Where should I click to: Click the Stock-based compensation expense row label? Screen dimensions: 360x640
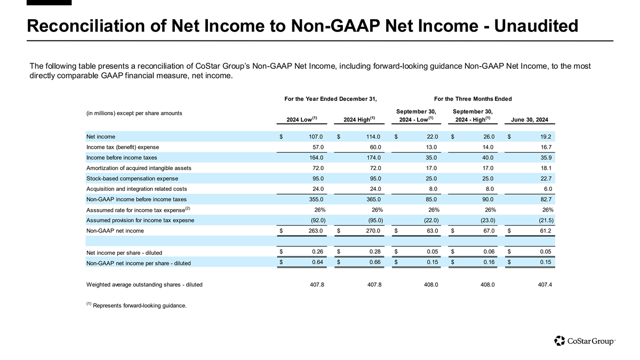[132, 178]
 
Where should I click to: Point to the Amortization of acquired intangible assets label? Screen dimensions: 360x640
[139, 168]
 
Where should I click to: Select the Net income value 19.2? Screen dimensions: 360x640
[545, 137]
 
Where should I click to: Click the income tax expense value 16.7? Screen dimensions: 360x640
[545, 147]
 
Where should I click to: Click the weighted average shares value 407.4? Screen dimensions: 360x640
[543, 284]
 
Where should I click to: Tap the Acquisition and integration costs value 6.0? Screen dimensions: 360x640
[547, 189]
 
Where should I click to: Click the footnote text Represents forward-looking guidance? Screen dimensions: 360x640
[140, 306]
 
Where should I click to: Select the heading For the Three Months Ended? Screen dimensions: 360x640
[473, 99]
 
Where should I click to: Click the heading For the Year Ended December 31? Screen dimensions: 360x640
[331, 99]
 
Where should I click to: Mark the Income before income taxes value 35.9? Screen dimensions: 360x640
[545, 157]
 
